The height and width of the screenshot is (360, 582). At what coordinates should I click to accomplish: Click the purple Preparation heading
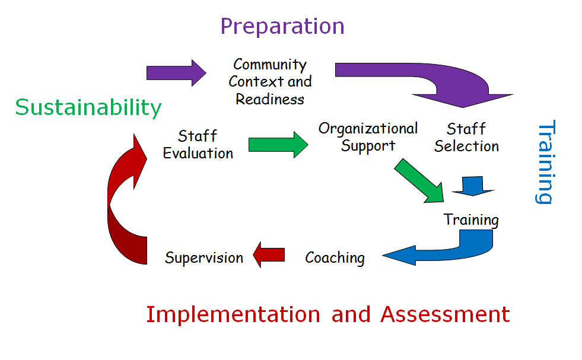point(282,27)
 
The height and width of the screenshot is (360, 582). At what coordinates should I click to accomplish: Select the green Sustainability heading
point(88,108)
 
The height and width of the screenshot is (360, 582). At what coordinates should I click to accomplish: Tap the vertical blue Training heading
point(545,163)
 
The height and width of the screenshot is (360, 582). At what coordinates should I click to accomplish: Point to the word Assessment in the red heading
point(445,314)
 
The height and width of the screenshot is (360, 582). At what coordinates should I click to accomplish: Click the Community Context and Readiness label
point(270,81)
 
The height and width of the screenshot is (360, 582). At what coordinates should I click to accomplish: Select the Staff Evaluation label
point(198,145)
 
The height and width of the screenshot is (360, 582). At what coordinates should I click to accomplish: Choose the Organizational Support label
point(368,137)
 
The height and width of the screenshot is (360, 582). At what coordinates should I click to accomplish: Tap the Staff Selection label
point(466,138)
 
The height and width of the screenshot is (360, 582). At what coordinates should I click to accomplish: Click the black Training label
point(471,220)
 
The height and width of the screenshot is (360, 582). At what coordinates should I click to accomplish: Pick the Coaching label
point(335,258)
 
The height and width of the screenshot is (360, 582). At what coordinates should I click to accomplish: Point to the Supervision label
point(204,258)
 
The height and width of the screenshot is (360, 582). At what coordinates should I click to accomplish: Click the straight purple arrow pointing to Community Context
point(176,73)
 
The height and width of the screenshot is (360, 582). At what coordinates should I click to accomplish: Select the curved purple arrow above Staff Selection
point(439,83)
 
